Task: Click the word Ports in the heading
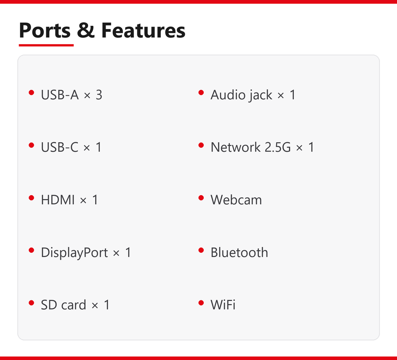45,31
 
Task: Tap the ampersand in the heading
86,31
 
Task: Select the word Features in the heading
143,31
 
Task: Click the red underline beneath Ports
46,45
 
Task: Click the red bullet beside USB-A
31,93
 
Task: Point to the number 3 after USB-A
99,95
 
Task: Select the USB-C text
60,147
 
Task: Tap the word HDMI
58,200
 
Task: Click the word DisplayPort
75,253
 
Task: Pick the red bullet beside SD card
31,303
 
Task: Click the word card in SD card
74,305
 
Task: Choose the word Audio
228,95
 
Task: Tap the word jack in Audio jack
260,96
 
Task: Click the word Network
235,147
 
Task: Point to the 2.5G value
278,147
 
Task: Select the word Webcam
236,200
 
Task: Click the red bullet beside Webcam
201,198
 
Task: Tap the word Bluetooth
239,253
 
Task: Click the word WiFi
223,305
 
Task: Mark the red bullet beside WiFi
201,303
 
